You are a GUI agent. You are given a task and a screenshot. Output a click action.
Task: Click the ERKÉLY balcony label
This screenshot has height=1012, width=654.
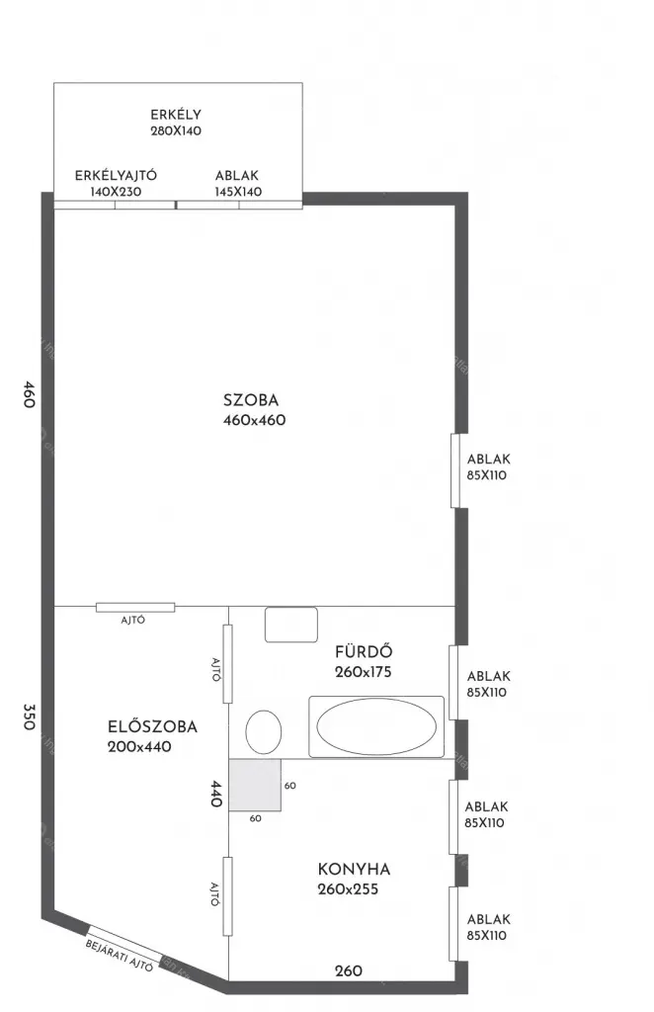pyautogui.click(x=176, y=115)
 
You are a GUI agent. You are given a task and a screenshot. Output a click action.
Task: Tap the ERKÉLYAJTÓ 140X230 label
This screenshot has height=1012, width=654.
pyautogui.click(x=117, y=183)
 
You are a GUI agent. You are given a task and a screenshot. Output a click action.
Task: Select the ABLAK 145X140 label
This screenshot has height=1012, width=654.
pyautogui.click(x=238, y=183)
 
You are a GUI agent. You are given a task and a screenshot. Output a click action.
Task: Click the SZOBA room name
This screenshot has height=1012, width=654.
pyautogui.click(x=251, y=400)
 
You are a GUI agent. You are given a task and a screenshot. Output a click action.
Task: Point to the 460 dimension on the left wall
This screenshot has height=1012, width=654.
pyautogui.click(x=29, y=393)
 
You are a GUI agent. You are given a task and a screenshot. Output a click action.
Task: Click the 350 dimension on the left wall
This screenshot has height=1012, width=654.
pyautogui.click(x=29, y=717)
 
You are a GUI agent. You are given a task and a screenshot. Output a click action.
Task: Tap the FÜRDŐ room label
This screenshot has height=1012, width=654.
pyautogui.click(x=364, y=651)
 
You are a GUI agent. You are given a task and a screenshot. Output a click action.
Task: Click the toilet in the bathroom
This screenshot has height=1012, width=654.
pyautogui.click(x=264, y=732)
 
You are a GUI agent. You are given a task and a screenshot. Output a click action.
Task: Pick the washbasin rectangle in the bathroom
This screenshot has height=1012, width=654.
pyautogui.click(x=290, y=625)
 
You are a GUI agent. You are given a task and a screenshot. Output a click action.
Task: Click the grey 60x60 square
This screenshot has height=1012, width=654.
pyautogui.click(x=255, y=785)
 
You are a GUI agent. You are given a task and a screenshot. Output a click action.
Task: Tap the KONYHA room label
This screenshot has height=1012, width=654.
pyautogui.click(x=354, y=869)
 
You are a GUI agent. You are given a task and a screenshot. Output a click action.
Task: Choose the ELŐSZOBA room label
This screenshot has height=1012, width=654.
pyautogui.click(x=152, y=726)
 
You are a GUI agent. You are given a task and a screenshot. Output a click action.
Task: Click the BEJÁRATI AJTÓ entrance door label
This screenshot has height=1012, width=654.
pyautogui.click(x=120, y=956)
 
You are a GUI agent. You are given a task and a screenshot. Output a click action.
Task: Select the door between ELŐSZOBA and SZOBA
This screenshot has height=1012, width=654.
pyautogui.click(x=135, y=608)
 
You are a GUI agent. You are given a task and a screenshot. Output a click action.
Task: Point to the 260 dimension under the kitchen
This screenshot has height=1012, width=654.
pyautogui.click(x=349, y=970)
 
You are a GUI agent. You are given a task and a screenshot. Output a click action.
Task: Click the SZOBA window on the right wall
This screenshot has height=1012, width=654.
pyautogui.click(x=454, y=470)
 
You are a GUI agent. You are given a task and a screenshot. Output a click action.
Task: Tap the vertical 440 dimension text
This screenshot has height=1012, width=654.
pyautogui.click(x=215, y=794)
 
